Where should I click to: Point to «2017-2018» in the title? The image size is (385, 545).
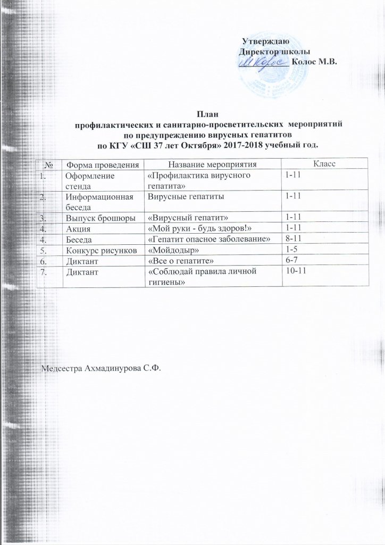[x=238, y=145]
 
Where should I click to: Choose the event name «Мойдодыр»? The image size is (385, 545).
[x=170, y=250]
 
